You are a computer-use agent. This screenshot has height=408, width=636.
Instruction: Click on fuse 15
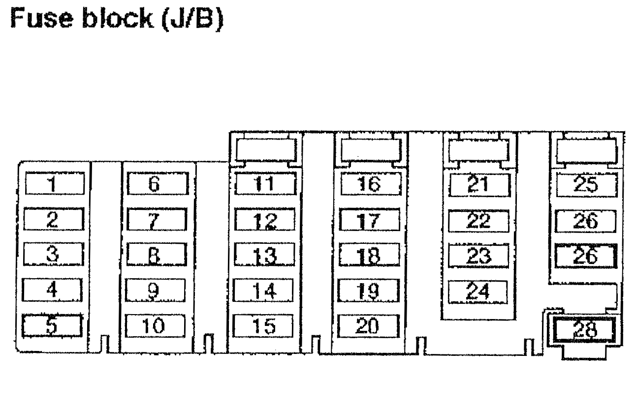pos(264,325)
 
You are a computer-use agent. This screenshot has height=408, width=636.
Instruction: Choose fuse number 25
pos(586,184)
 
